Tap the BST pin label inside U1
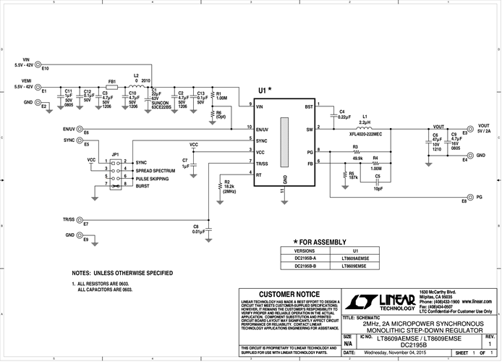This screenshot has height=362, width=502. tap(309, 106)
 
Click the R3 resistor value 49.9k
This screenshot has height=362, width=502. tap(357, 158)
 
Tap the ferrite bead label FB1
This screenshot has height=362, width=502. tap(112, 81)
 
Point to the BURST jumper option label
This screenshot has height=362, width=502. tap(142, 187)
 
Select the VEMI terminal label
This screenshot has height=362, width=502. tap(26, 80)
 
